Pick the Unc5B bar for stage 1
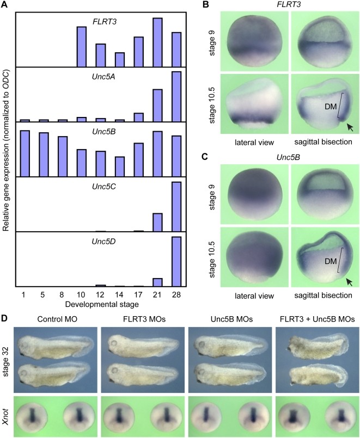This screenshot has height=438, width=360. point(25,153)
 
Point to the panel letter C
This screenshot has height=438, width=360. point(206,163)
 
